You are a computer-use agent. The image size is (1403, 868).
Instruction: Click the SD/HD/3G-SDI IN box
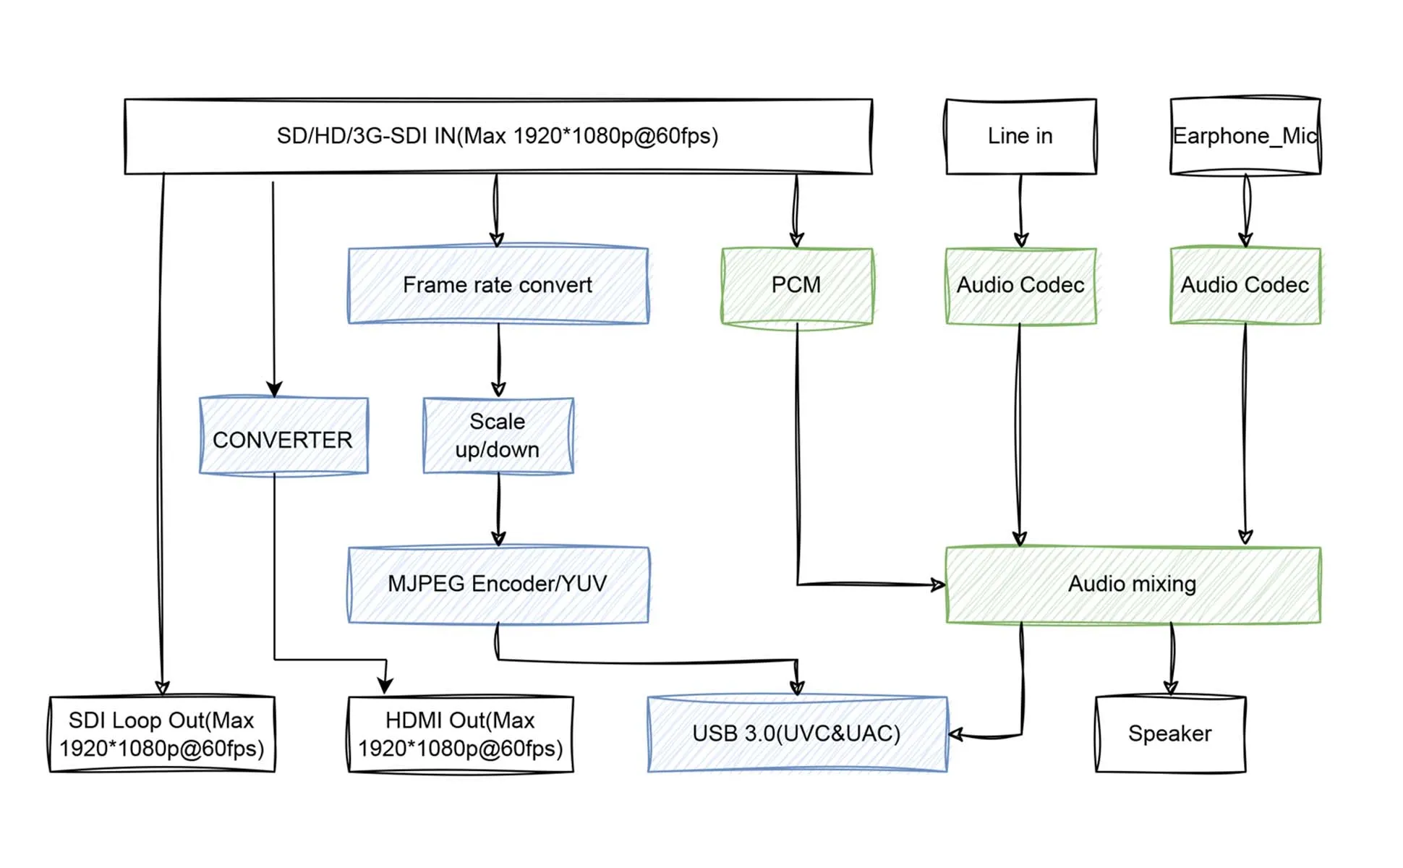498,136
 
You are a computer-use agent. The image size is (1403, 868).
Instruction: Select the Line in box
1020,136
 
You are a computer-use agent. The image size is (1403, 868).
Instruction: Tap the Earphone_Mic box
1245,136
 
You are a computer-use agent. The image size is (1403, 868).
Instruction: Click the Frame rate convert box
498,285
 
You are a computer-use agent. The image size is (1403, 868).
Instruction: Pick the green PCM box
796,285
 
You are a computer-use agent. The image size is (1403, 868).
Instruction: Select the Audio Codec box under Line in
1020,285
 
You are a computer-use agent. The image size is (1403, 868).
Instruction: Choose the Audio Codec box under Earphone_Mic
1245,285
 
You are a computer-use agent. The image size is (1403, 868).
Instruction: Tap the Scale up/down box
498,435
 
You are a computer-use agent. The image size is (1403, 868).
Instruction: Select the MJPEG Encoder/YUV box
498,584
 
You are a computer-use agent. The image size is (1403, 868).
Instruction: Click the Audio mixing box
1133,584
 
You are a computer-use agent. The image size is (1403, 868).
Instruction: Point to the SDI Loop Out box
162,734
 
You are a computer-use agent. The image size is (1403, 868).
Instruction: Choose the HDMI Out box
461,734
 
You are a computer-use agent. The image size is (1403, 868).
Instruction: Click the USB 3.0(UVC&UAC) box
796,734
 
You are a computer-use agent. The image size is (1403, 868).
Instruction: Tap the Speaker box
1170,734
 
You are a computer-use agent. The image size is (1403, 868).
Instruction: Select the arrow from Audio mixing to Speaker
1172,658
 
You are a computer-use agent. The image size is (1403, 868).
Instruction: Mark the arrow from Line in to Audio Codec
1020,210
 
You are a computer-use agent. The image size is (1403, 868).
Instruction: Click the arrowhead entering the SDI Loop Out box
162,687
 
